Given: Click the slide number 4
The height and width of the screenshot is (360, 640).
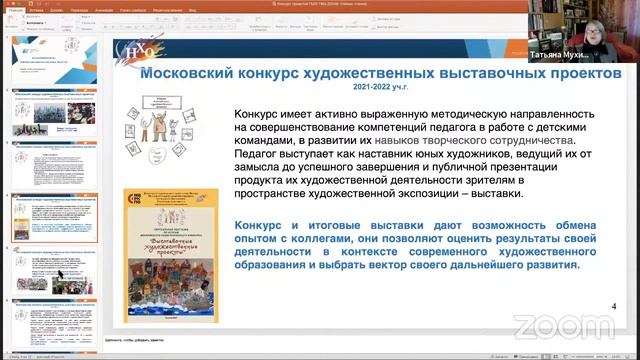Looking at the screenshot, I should click(x=613, y=306).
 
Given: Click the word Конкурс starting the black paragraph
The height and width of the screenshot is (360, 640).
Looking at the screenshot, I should click(x=258, y=114).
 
